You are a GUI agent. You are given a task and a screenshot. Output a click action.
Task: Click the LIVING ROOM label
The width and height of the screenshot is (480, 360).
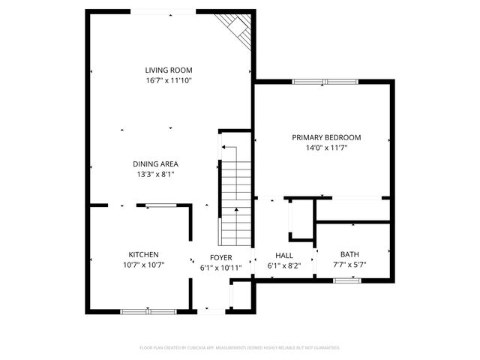(x=169, y=70)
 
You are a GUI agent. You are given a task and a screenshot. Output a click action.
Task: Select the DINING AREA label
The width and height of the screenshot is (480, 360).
(x=155, y=163)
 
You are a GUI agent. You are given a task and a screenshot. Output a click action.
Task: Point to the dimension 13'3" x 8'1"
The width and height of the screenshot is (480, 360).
(x=155, y=174)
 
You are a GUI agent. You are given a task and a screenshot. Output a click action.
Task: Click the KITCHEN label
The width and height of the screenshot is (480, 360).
(x=143, y=254)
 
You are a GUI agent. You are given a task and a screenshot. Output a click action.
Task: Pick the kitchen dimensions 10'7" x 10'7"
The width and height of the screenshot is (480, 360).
(x=143, y=265)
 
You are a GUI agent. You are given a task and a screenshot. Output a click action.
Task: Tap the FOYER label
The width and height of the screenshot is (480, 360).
(x=220, y=257)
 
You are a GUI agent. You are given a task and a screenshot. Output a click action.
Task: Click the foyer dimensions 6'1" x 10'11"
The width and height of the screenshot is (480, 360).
(x=220, y=268)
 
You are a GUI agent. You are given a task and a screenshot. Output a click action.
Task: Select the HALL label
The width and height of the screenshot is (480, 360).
(x=284, y=255)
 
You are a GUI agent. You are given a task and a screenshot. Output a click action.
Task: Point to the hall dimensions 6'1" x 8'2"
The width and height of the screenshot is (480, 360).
(x=284, y=265)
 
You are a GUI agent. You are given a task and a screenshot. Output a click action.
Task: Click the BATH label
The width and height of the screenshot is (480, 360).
(x=349, y=254)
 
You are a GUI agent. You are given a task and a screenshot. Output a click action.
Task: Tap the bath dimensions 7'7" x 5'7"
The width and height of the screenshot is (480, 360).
(x=349, y=265)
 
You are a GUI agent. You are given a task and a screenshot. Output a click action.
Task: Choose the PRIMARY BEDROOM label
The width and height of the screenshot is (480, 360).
(x=326, y=137)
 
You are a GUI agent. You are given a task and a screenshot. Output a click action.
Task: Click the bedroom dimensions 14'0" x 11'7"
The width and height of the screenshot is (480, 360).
(x=326, y=148)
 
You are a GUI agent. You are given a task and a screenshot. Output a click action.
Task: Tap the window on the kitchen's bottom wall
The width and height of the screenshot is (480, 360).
(x=148, y=310)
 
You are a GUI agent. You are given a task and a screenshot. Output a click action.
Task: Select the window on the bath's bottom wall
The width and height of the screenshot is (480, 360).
(x=343, y=280)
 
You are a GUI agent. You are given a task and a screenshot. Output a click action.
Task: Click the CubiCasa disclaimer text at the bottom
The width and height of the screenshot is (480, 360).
(x=240, y=348)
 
